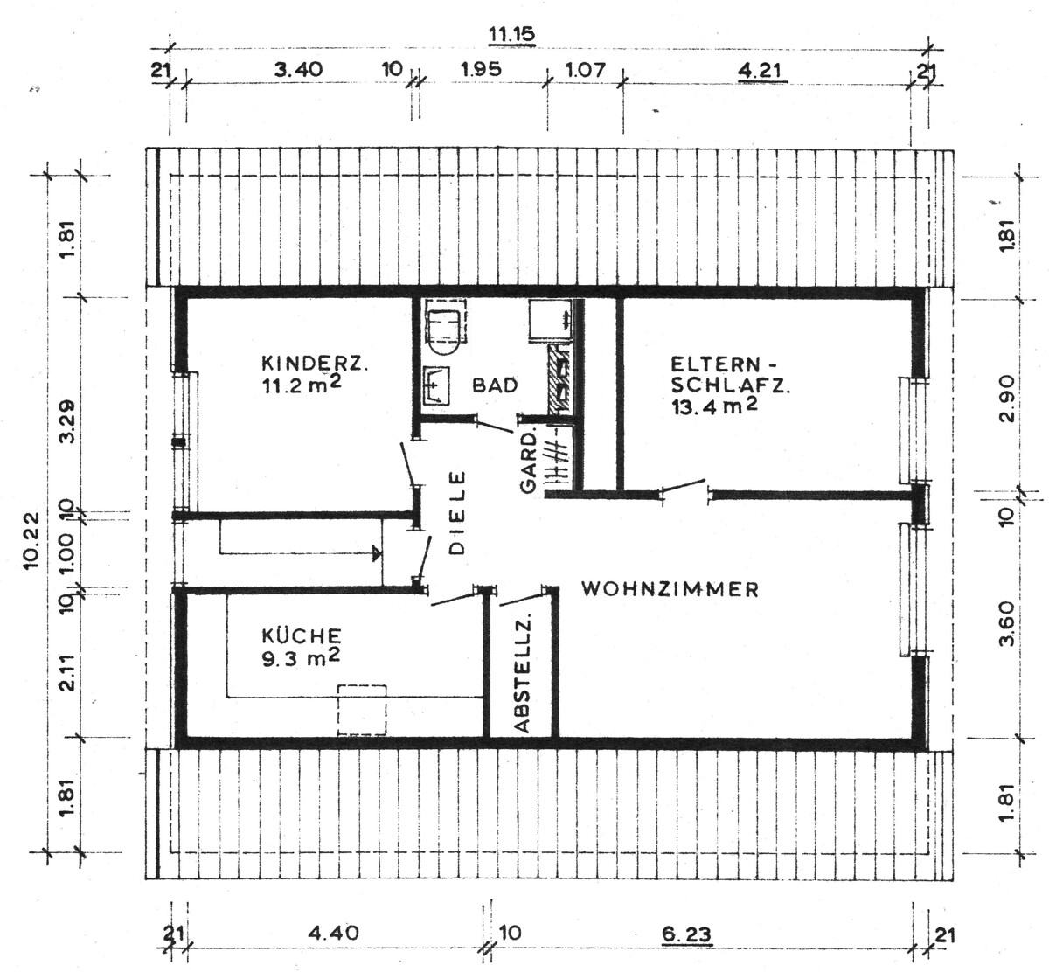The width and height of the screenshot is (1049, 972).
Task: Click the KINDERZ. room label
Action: (x=315, y=364)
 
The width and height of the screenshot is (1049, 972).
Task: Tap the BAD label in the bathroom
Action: (x=495, y=385)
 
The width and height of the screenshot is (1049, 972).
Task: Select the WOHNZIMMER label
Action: (x=670, y=589)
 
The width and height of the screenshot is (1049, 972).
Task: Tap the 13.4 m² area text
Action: (x=714, y=406)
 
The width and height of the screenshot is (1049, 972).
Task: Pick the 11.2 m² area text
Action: (x=302, y=385)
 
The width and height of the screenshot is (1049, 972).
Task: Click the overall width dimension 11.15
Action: (x=511, y=34)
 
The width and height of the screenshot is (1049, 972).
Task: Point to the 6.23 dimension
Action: (x=686, y=935)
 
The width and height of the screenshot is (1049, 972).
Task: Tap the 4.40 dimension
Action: (x=334, y=933)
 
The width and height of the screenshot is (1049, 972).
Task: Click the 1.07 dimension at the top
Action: (x=585, y=70)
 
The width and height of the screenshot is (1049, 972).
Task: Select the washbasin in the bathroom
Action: (x=435, y=385)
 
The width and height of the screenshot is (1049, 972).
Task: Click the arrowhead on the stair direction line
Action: (x=377, y=553)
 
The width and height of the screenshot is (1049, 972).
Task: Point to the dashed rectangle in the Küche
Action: (x=362, y=710)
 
